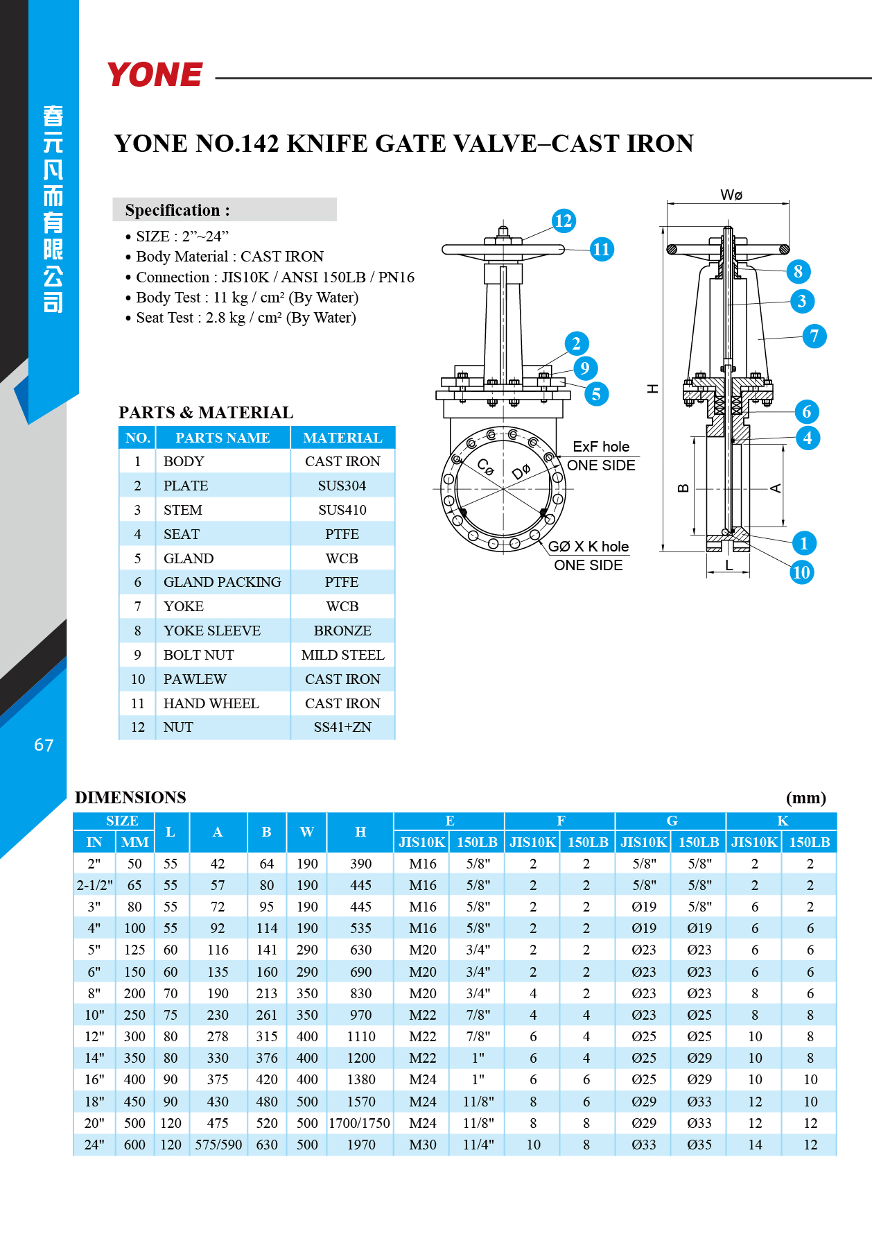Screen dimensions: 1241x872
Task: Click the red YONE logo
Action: coord(155,74)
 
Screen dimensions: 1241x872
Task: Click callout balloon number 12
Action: coord(563,221)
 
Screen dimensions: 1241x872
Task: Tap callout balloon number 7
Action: coord(814,336)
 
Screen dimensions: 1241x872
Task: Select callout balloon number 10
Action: coord(801,572)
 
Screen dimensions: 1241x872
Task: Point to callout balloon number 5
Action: coord(596,394)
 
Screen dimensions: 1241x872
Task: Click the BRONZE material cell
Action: coord(342,631)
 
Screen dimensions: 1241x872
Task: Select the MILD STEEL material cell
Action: coord(342,655)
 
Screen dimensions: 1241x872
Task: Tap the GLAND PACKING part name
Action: coord(222,582)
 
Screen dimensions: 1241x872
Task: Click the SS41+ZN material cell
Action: coord(342,727)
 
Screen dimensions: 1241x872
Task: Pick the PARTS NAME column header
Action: coord(223,438)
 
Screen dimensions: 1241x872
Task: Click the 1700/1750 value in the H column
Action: coord(360,1123)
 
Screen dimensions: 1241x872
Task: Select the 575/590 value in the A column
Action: coord(218,1145)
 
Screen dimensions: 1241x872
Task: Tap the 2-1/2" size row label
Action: coord(94,885)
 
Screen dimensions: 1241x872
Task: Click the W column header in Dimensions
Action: coord(307,832)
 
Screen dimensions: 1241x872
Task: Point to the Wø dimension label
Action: coord(731,195)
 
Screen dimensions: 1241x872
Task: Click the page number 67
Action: coord(44,745)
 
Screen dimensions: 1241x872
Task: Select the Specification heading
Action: coord(177,210)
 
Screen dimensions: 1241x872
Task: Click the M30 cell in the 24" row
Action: coord(423,1145)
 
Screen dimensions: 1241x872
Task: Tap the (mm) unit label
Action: coord(806,798)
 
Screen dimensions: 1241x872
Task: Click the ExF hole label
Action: coord(601,447)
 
